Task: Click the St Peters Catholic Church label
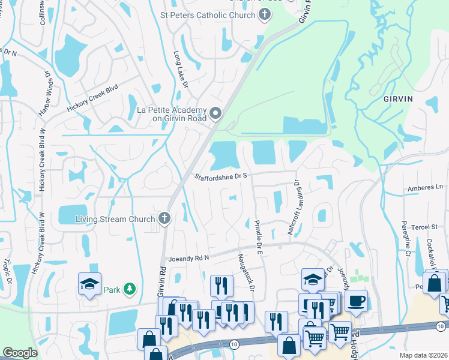208,15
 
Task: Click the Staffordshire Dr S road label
221,176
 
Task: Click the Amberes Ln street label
424,188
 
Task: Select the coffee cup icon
357,300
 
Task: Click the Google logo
20,353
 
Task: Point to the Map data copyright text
423,355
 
